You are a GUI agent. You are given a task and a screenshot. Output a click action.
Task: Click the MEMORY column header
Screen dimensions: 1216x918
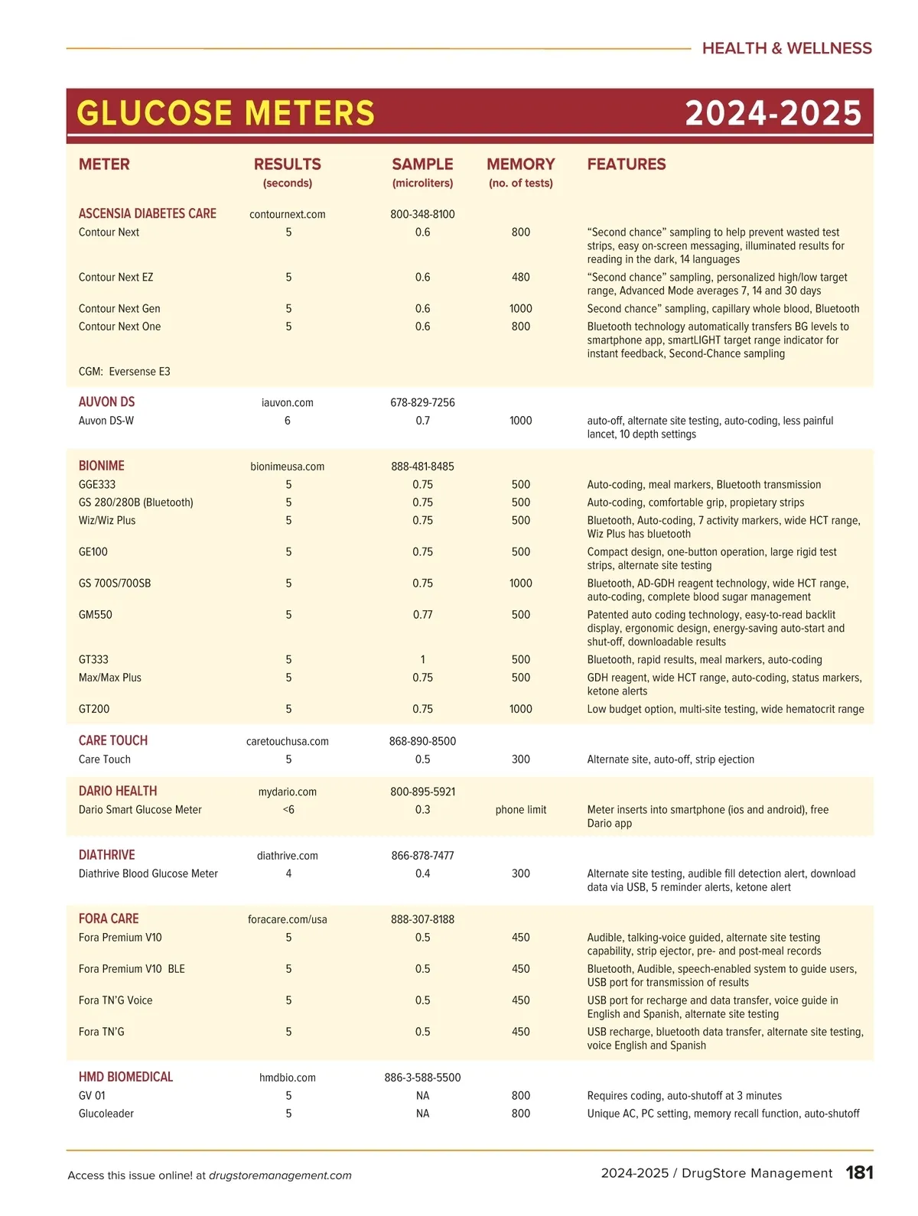[520, 164]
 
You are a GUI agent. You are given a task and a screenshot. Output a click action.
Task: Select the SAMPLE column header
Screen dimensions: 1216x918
[422, 164]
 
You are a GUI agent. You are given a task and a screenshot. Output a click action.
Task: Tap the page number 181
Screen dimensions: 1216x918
[859, 1172]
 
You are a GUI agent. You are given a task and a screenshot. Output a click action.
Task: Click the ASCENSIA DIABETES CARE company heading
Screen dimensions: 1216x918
[147, 213]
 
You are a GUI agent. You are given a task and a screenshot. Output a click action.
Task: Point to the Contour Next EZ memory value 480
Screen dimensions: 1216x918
[520, 277]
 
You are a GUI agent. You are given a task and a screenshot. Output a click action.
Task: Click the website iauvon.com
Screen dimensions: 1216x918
[287, 402]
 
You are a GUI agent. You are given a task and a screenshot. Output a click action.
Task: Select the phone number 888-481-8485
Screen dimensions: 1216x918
[422, 466]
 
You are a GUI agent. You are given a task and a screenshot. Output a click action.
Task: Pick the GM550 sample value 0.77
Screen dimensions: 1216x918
[422, 614]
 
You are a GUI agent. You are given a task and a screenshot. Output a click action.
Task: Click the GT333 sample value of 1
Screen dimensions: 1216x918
[422, 659]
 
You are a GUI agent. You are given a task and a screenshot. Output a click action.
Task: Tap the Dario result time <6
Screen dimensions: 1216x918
[288, 809]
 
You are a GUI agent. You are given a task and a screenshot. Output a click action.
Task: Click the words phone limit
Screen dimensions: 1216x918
[520, 809]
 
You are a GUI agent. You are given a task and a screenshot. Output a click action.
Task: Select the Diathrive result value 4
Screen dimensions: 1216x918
[288, 873]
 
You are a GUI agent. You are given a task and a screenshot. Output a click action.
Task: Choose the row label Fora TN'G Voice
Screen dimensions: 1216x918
[116, 1000]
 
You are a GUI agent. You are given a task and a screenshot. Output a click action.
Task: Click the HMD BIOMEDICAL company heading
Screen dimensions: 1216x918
[125, 1077]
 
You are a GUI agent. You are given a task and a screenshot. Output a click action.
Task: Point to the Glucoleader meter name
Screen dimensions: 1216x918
[106, 1114]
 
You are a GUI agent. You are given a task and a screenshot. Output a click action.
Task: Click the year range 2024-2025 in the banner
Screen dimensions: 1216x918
[773, 113]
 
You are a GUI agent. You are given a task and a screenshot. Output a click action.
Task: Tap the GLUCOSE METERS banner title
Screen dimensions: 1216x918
[226, 113]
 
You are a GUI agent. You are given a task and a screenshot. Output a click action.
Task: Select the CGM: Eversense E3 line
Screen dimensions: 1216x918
[125, 372]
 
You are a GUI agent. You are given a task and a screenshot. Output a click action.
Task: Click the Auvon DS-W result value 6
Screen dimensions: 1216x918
[288, 421]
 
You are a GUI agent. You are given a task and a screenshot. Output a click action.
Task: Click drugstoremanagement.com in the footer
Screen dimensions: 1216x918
[280, 1175]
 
